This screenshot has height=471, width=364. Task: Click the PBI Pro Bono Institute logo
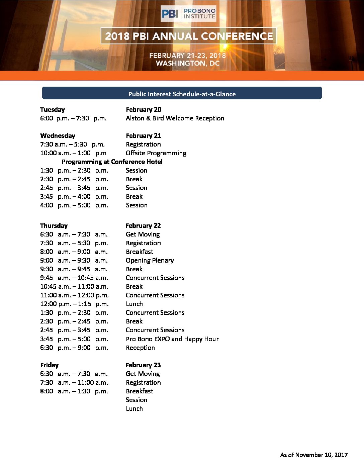coord(188,13)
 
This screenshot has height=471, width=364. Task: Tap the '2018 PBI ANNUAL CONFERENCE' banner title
coord(189,36)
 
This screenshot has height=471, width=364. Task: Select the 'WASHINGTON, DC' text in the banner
coord(188,63)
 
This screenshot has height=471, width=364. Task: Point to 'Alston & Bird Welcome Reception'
coord(175,118)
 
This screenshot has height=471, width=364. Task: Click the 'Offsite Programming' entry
coord(156,153)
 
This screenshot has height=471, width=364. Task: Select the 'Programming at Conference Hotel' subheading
coord(112,162)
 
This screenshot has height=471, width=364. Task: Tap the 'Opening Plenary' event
coord(150,260)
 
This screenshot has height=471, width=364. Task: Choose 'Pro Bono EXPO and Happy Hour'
coord(172,339)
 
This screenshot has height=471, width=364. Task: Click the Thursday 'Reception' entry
coord(140,348)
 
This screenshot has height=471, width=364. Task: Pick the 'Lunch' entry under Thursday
coord(134,304)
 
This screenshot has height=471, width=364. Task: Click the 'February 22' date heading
coord(143,225)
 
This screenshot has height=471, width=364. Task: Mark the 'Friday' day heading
coord(49,365)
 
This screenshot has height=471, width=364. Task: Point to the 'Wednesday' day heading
coord(58,135)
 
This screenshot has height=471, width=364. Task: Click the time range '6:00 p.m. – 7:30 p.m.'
coord(73,118)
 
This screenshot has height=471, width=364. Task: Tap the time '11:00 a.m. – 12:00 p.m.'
coord(74,295)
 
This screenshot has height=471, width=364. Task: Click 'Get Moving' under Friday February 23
coord(143,374)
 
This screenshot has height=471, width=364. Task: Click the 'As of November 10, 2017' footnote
coord(314,455)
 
